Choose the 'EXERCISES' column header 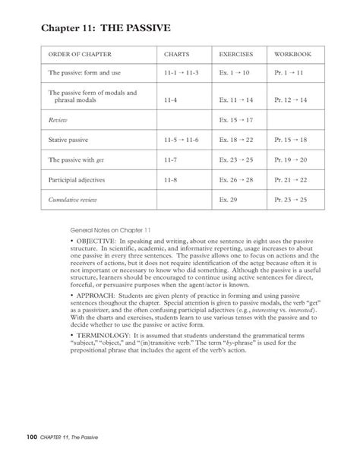click(x=236, y=55)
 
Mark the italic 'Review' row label click(x=58, y=120)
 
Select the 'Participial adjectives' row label click(x=77, y=180)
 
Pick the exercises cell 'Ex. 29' click(x=229, y=200)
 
